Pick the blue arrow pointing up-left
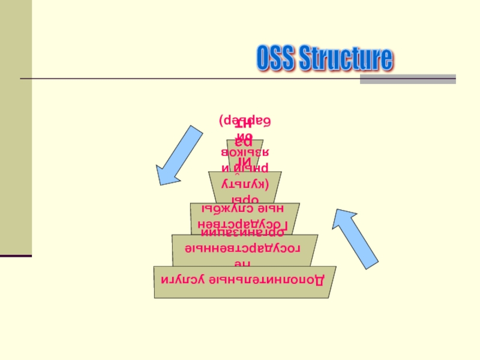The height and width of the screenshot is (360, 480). [x=357, y=238]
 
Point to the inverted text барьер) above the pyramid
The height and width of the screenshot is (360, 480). [x=244, y=119]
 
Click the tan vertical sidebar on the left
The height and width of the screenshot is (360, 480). [x=16, y=126]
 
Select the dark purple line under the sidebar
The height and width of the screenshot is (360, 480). [x=16, y=256]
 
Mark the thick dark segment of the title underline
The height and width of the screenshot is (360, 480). [x=407, y=79]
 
